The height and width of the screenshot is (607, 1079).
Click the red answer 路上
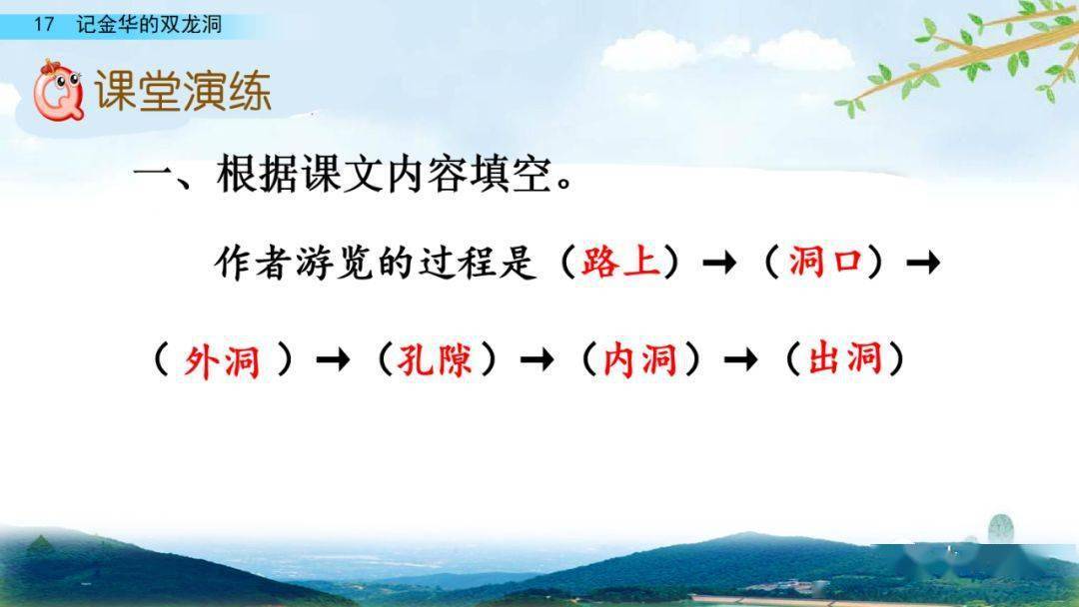pyautogui.click(x=620, y=263)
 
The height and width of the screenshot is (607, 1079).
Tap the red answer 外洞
pyautogui.click(x=223, y=359)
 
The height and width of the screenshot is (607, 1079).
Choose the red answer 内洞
pyautogui.click(x=640, y=359)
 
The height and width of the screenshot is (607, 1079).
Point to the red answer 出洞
pyautogui.click(x=844, y=359)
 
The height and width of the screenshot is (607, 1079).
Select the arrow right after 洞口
pyautogui.click(x=922, y=265)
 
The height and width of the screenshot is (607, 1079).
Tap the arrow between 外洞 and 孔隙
pyautogui.click(x=333, y=361)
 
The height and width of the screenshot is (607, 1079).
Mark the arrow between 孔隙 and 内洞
pyautogui.click(x=538, y=361)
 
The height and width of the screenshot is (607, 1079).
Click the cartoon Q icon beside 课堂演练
pyautogui.click(x=56, y=90)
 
